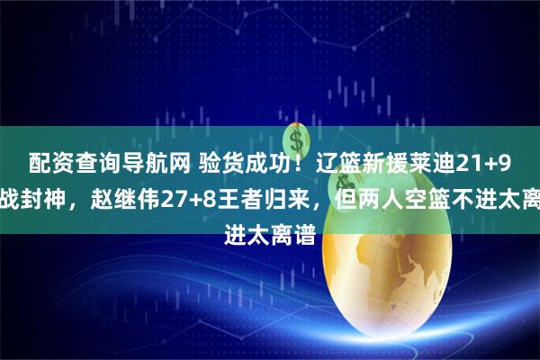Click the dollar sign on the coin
294,139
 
